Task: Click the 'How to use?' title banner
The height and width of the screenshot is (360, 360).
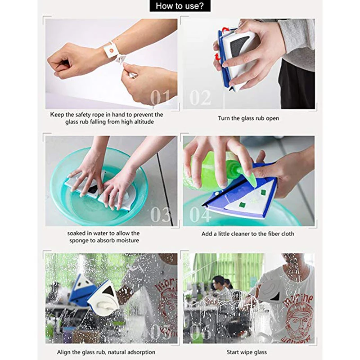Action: tap(180, 6)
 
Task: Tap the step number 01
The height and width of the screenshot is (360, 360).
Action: tap(161, 97)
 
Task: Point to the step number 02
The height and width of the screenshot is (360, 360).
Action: tap(200, 98)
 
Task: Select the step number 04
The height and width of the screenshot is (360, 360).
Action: tap(200, 214)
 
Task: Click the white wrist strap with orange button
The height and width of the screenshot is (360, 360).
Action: tap(110, 50)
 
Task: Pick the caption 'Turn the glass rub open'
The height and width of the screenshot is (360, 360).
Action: tap(248, 118)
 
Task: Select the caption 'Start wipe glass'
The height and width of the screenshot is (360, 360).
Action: tap(247, 352)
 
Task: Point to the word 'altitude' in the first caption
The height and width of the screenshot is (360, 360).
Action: tap(144, 121)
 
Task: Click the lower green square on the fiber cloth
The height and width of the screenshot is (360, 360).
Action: tap(242, 204)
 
